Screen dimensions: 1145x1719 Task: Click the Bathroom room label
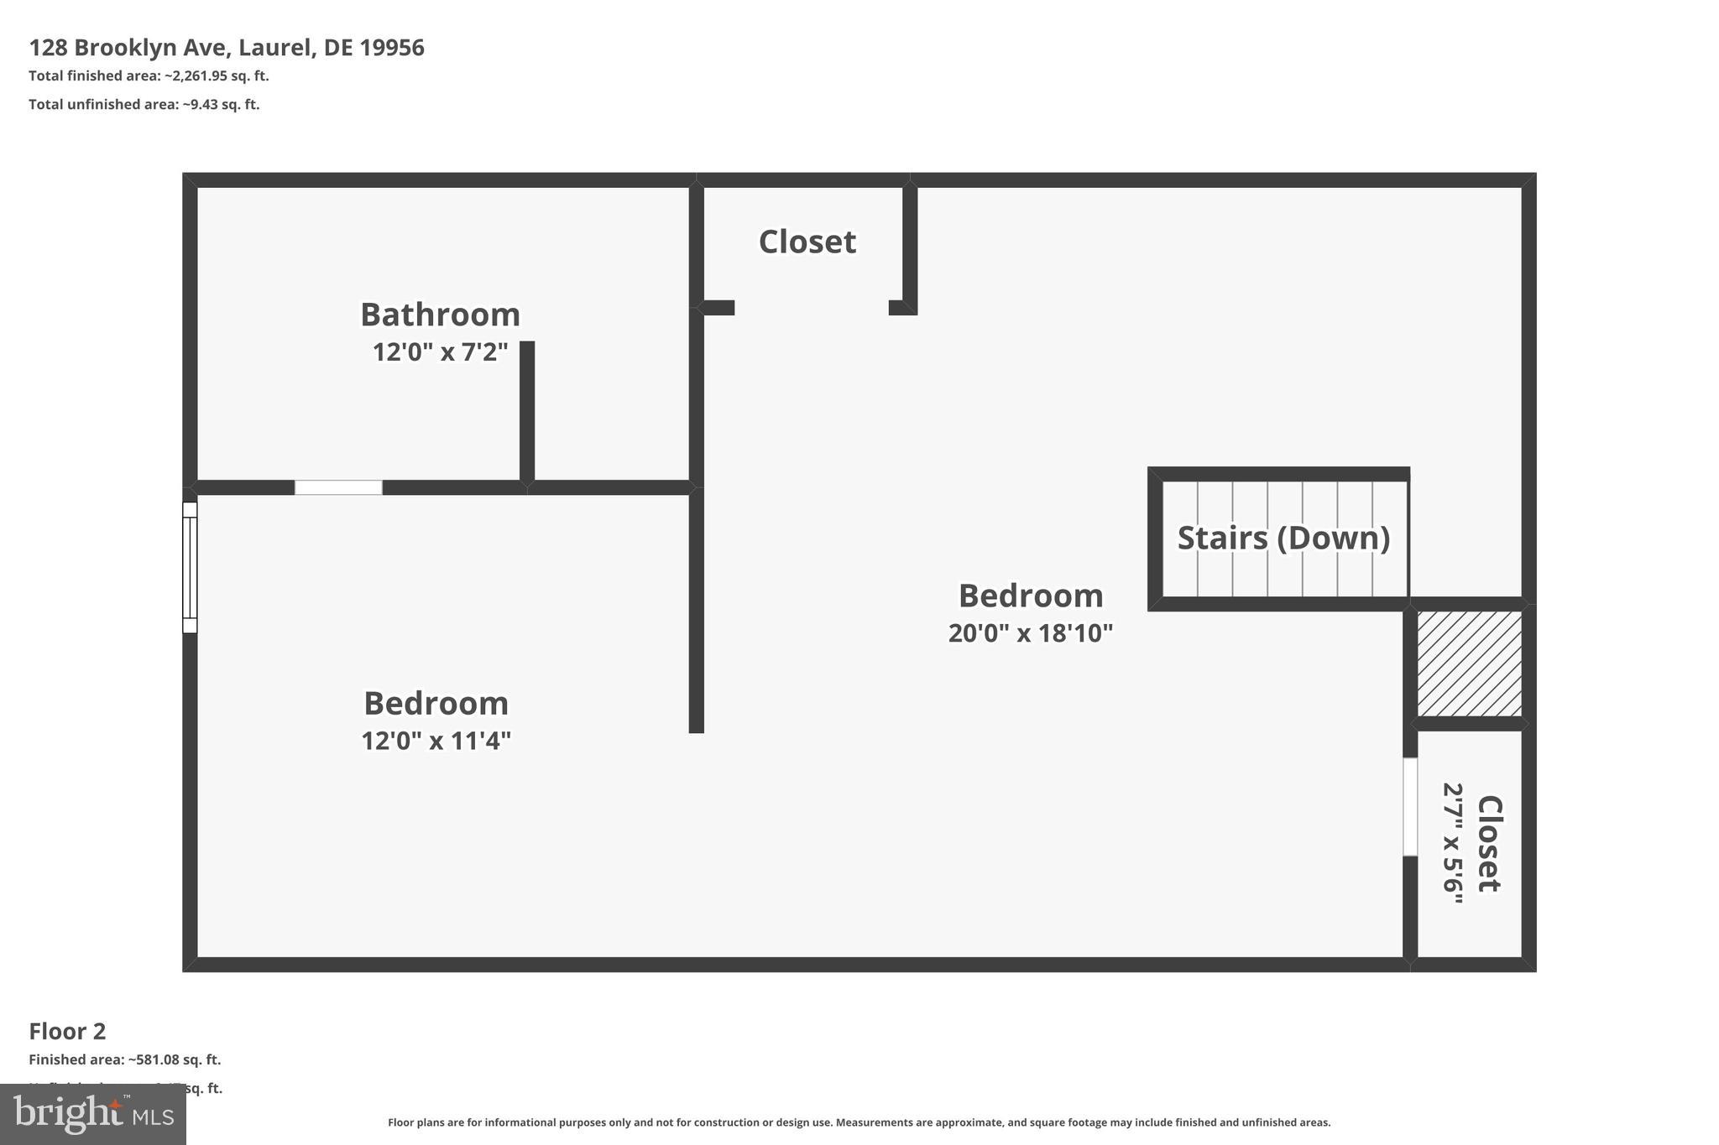[440, 315]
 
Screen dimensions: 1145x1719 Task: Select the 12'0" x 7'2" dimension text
[440, 352]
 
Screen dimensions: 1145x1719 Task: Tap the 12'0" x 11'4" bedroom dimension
[436, 742]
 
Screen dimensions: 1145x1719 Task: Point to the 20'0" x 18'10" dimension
[1030, 633]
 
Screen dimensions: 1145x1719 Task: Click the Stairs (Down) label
[1283, 538]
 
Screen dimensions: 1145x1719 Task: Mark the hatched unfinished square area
[1469, 664]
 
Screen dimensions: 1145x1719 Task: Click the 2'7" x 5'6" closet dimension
[1453, 843]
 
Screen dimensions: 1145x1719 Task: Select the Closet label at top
[807, 242]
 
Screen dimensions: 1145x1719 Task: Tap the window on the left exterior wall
[190, 567]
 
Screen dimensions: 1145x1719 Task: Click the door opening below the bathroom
[338, 487]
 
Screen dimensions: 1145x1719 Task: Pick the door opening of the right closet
[1410, 807]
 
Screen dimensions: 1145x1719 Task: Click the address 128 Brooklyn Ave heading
[227, 48]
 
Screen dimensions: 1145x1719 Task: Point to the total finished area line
[149, 76]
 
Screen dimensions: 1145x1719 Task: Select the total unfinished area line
[144, 105]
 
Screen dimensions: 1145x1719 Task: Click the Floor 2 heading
[67, 1031]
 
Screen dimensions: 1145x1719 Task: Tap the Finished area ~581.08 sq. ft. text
[124, 1060]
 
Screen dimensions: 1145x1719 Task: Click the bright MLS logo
[92, 1114]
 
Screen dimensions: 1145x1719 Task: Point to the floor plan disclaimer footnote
[859, 1122]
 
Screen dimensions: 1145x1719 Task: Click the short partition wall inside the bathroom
[526, 411]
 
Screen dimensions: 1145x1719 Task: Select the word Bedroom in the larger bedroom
[1030, 596]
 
